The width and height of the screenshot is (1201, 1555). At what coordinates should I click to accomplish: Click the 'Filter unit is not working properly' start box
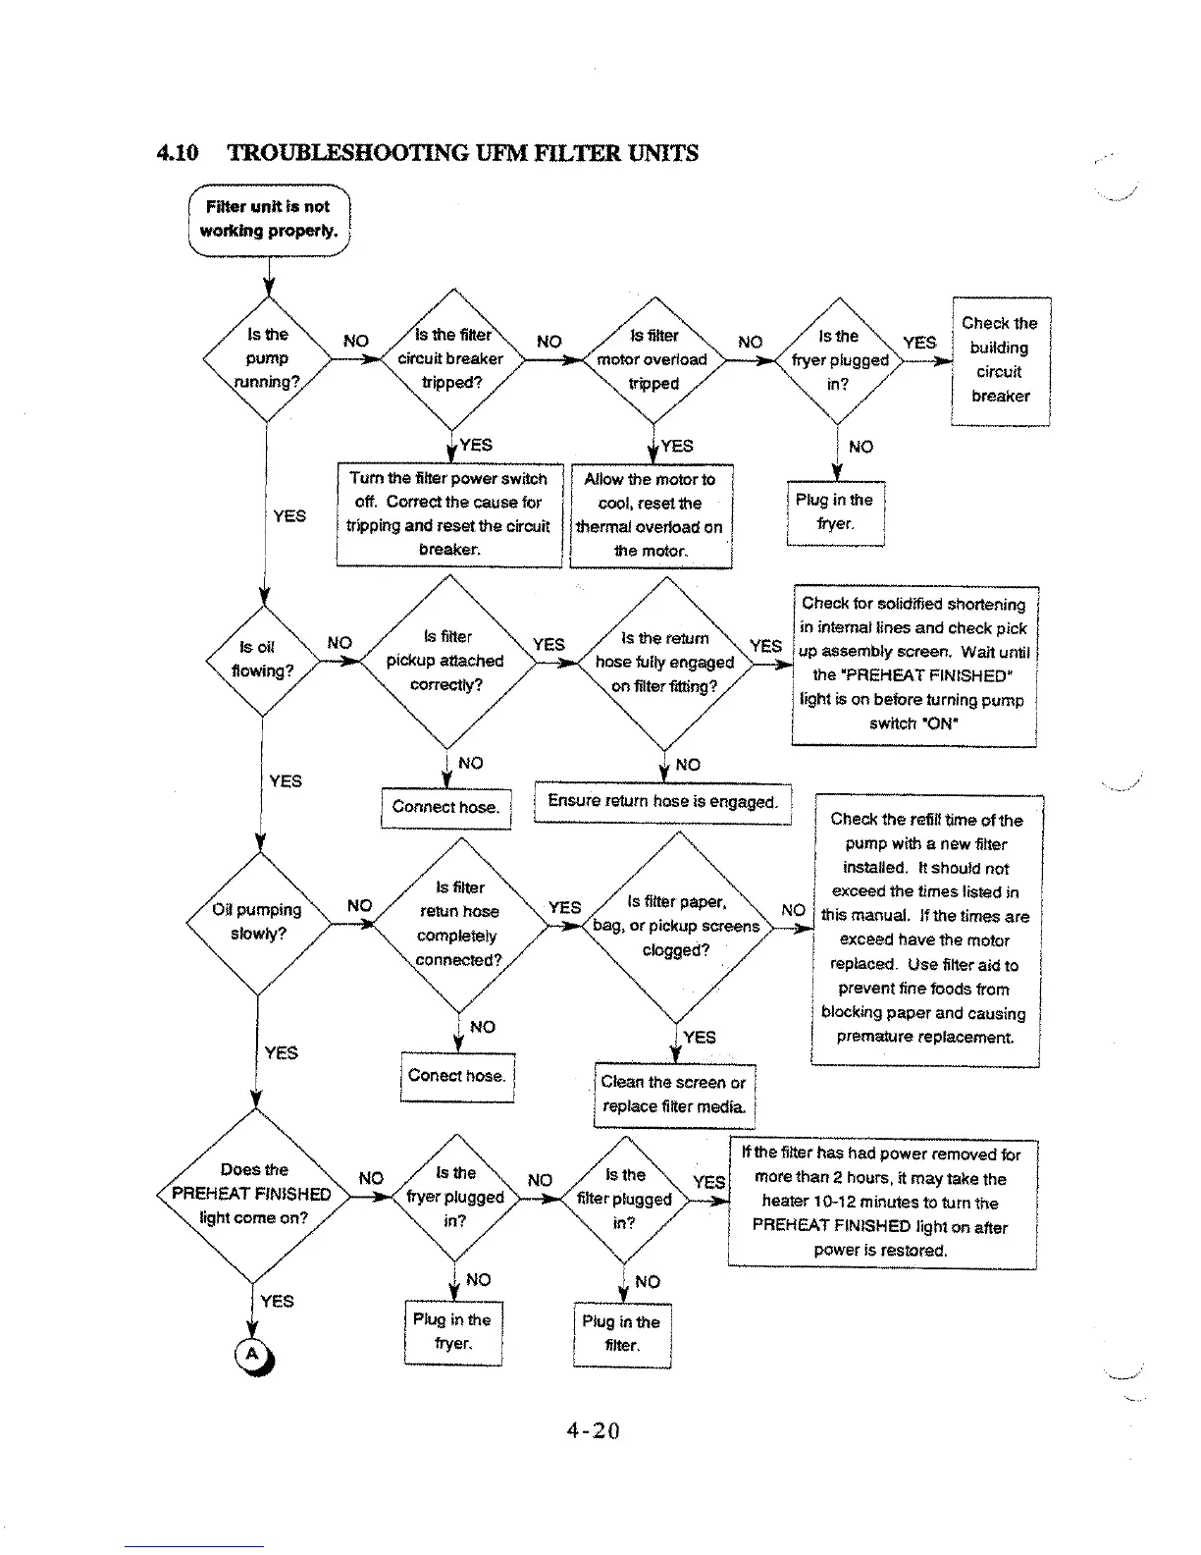(x=269, y=220)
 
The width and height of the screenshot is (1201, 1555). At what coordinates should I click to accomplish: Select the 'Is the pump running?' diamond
(x=267, y=358)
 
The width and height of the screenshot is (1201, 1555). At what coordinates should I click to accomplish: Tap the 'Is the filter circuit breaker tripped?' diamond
(x=451, y=359)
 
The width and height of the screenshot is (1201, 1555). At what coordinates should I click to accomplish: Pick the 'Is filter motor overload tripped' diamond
(x=653, y=359)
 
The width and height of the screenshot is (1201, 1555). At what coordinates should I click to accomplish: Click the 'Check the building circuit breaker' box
(x=1000, y=360)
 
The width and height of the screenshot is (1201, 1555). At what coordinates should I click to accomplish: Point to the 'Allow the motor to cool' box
(x=651, y=515)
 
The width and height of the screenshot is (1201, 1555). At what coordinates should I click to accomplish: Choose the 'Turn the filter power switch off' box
(x=448, y=514)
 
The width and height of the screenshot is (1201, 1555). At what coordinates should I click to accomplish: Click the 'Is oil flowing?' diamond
(x=262, y=659)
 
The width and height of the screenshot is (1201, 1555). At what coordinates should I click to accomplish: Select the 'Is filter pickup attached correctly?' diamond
(x=446, y=661)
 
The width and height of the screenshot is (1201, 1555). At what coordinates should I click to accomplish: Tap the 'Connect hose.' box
(x=445, y=807)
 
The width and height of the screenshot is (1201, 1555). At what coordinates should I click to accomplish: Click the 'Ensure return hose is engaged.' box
(x=662, y=801)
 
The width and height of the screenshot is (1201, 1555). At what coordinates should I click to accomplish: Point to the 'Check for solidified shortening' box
(x=914, y=664)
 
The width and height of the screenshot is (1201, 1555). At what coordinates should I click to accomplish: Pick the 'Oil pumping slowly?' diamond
(x=258, y=922)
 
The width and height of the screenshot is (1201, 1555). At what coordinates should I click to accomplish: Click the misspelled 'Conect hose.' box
(x=457, y=1076)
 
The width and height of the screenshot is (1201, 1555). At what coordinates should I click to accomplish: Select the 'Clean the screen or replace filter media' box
(x=674, y=1094)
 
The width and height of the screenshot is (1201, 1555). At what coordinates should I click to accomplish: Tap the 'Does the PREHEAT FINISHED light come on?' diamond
(x=254, y=1194)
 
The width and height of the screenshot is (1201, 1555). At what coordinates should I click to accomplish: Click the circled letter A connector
(x=252, y=1355)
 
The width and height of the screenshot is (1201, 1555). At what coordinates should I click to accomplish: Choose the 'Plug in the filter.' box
(x=621, y=1334)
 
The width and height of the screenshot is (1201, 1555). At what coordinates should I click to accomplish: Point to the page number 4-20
(x=594, y=1430)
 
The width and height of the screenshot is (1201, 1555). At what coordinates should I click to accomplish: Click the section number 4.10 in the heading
(x=178, y=153)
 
